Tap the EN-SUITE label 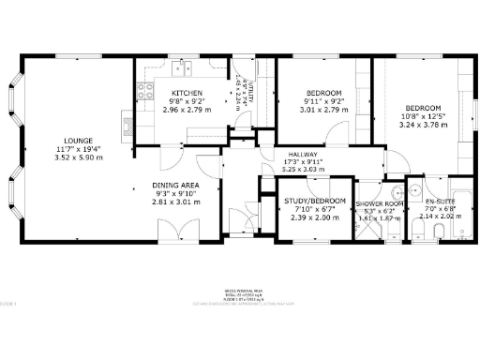click(441, 202)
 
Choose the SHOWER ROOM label click(382, 203)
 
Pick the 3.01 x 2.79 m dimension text click(324, 110)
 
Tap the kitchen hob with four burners click(145, 91)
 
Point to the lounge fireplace click(126, 120)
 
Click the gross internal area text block click(240, 296)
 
